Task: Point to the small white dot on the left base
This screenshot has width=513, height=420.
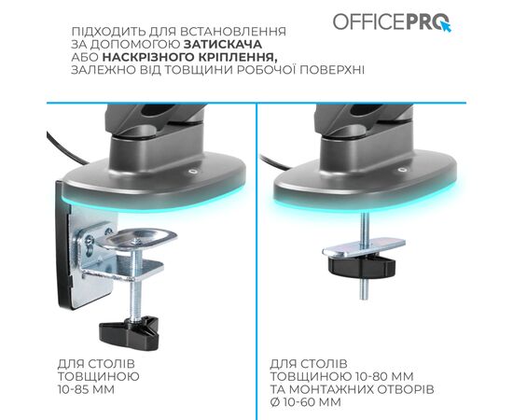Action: point(192,173)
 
